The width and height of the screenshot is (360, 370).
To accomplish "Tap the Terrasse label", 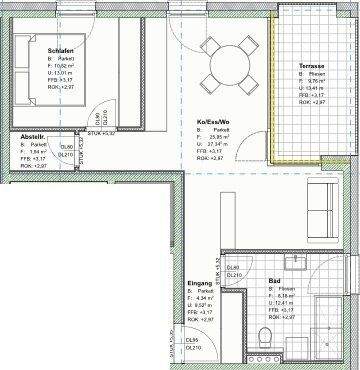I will pos(312,66).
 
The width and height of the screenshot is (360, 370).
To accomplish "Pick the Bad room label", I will pos(273,282).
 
